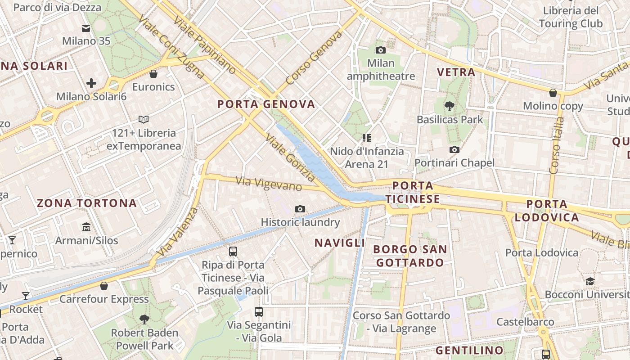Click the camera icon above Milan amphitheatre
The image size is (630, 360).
tap(380, 50)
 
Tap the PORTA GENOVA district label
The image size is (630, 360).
tap(266, 104)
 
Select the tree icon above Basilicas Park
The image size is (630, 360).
tap(449, 106)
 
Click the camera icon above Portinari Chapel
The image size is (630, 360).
tap(454, 149)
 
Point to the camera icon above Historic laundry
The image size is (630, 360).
tap(300, 209)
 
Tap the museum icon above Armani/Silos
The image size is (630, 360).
tap(86, 227)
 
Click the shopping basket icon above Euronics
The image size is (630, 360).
tap(153, 73)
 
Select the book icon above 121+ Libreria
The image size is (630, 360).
tap(144, 120)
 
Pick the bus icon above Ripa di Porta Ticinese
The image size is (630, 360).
tap(233, 252)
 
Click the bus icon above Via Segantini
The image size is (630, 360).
tap(259, 311)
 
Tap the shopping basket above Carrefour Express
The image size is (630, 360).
tap(104, 286)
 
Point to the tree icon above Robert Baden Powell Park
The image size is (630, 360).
tap(144, 319)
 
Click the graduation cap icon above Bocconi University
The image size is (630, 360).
tap(589, 281)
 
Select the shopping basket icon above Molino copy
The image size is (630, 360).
tap(553, 93)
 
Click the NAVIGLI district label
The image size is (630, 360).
tap(340, 243)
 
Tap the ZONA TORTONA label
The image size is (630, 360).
tap(87, 203)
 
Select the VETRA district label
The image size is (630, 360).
tap(456, 72)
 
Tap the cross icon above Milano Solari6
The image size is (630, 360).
tap(91, 83)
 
